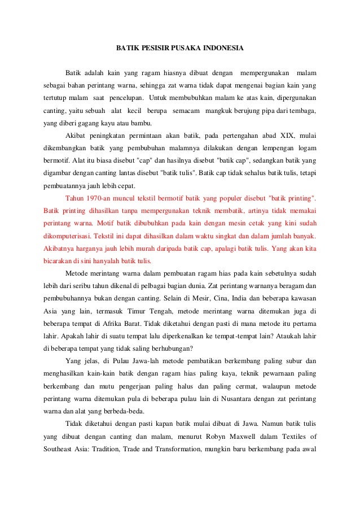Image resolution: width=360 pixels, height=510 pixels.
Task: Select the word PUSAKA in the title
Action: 185,49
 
